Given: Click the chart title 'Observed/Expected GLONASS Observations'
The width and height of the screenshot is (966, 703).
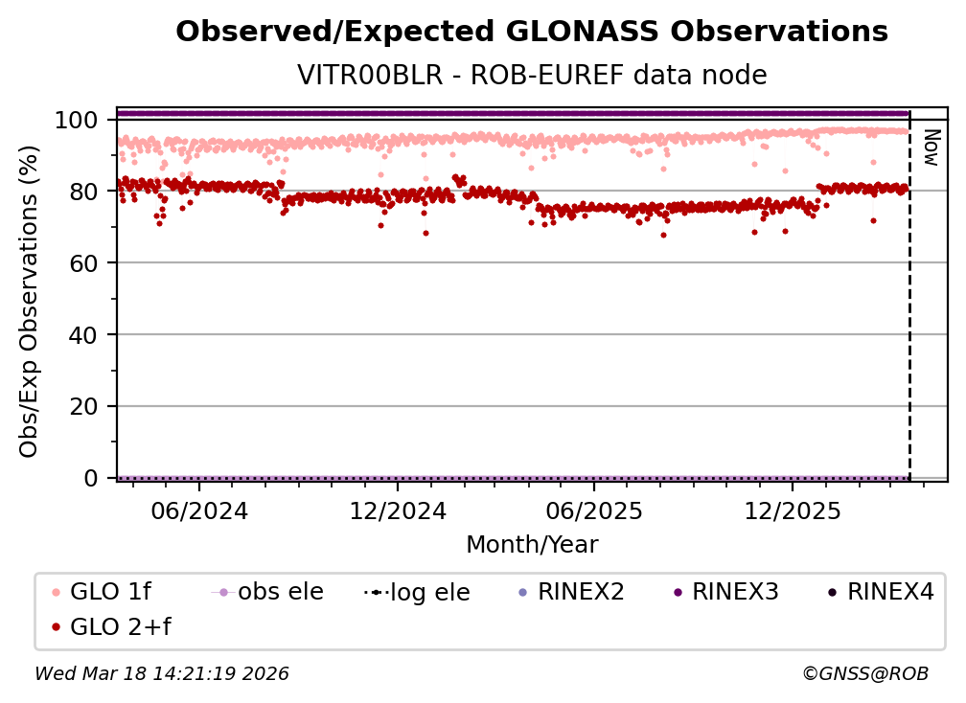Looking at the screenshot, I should (x=532, y=32).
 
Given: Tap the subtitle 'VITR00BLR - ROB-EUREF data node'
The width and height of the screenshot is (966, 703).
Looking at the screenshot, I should (x=532, y=75).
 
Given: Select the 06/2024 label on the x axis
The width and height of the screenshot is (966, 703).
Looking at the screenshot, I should (x=198, y=510).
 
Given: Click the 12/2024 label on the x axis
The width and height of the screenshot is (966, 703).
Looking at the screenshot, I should (x=398, y=510).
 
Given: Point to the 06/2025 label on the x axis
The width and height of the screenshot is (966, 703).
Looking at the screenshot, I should (x=593, y=510).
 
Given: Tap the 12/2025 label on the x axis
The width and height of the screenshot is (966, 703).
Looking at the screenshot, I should (x=792, y=510).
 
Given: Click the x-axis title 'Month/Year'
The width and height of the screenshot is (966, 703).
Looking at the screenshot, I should (x=532, y=545).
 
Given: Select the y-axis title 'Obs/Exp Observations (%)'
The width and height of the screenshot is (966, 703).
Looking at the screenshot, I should (x=29, y=302).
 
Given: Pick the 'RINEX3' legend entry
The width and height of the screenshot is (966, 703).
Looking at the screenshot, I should (x=729, y=592).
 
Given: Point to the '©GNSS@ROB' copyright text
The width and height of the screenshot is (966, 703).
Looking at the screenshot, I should (x=864, y=674).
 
